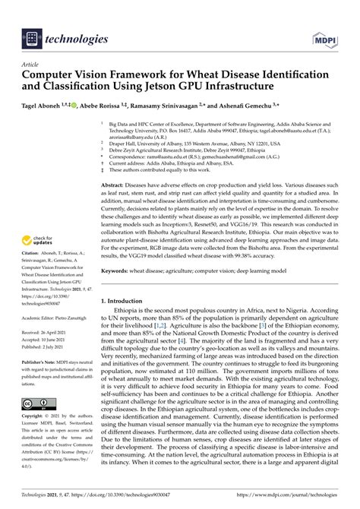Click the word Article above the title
coord(31,64)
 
